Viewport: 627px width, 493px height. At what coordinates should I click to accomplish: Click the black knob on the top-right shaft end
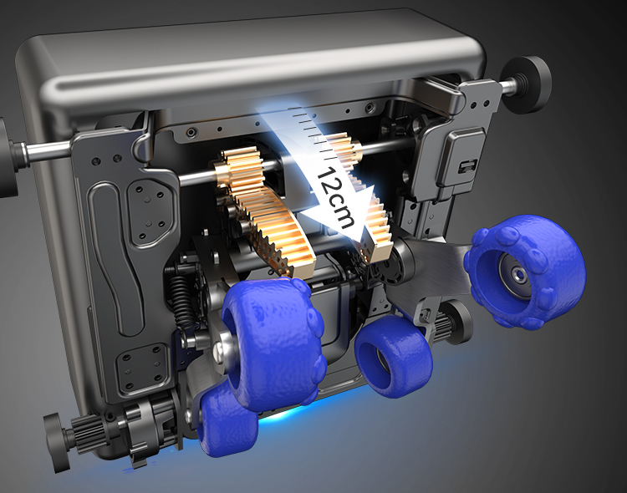tap(528, 84)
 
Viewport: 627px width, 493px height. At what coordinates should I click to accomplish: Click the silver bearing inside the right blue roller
tap(519, 275)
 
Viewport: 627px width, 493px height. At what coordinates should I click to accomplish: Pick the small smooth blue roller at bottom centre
tap(394, 357)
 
